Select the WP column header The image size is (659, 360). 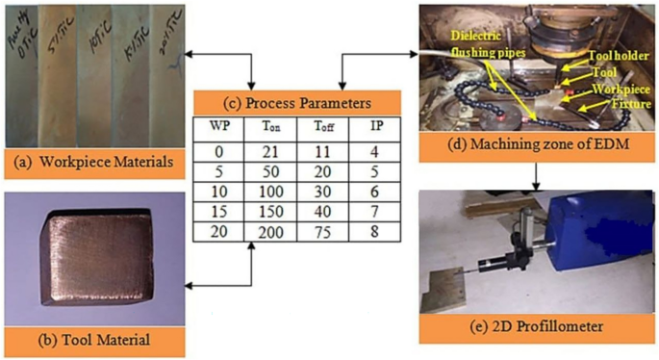tap(218, 126)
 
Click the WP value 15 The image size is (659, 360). tap(218, 211)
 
